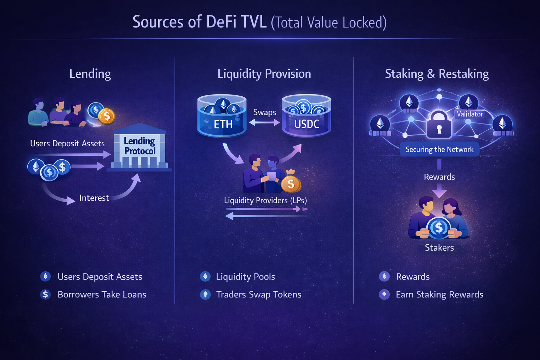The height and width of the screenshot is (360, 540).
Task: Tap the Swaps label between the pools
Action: click(x=265, y=112)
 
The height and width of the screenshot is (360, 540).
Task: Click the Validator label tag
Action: click(x=470, y=114)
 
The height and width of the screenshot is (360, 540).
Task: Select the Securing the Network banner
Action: click(x=439, y=149)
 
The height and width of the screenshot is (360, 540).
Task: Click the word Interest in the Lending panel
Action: click(x=94, y=198)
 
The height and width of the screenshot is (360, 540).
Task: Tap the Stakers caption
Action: click(x=439, y=247)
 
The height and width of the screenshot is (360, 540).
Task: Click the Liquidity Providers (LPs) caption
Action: click(x=265, y=200)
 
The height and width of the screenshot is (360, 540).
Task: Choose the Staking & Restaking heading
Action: click(x=437, y=74)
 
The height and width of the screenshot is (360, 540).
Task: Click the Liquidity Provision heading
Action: click(x=264, y=74)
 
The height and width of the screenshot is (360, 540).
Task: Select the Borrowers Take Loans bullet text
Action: click(x=102, y=294)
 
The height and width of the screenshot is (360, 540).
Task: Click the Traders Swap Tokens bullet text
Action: click(x=259, y=294)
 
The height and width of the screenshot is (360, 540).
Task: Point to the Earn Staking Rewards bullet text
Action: click(x=439, y=294)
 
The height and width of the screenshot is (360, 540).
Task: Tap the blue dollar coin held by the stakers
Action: click(x=438, y=228)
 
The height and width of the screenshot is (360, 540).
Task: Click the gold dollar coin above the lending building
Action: click(x=107, y=116)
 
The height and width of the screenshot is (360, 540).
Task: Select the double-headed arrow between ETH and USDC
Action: click(x=264, y=122)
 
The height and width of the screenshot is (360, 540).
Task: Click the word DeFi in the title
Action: click(x=221, y=22)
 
